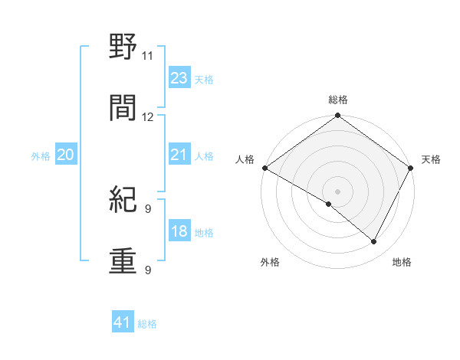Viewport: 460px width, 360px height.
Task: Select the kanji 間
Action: click(123, 108)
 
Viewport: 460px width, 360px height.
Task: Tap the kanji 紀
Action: click(123, 200)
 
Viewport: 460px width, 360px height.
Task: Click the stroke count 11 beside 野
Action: click(148, 55)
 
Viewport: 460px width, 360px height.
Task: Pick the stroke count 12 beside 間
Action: click(148, 117)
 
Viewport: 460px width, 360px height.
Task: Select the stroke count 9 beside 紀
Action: click(148, 208)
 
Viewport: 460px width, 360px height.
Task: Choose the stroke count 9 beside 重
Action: click(148, 270)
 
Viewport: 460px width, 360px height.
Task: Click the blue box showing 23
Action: click(179, 78)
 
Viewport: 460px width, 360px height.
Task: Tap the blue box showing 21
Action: click(179, 155)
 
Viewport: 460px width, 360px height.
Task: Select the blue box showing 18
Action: click(179, 231)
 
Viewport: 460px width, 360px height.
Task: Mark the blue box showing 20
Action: click(65, 155)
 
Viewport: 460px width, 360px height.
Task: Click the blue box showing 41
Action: click(123, 323)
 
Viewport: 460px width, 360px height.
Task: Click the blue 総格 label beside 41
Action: click(147, 324)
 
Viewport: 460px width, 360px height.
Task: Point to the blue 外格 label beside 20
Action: click(41, 156)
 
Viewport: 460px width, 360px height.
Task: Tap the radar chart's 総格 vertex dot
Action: click(337, 116)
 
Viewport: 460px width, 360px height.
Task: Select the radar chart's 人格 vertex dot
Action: click(264, 168)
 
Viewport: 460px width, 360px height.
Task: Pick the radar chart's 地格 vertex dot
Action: click(374, 242)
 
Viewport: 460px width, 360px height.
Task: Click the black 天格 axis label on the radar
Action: click(431, 159)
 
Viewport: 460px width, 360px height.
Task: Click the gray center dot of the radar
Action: click(337, 191)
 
